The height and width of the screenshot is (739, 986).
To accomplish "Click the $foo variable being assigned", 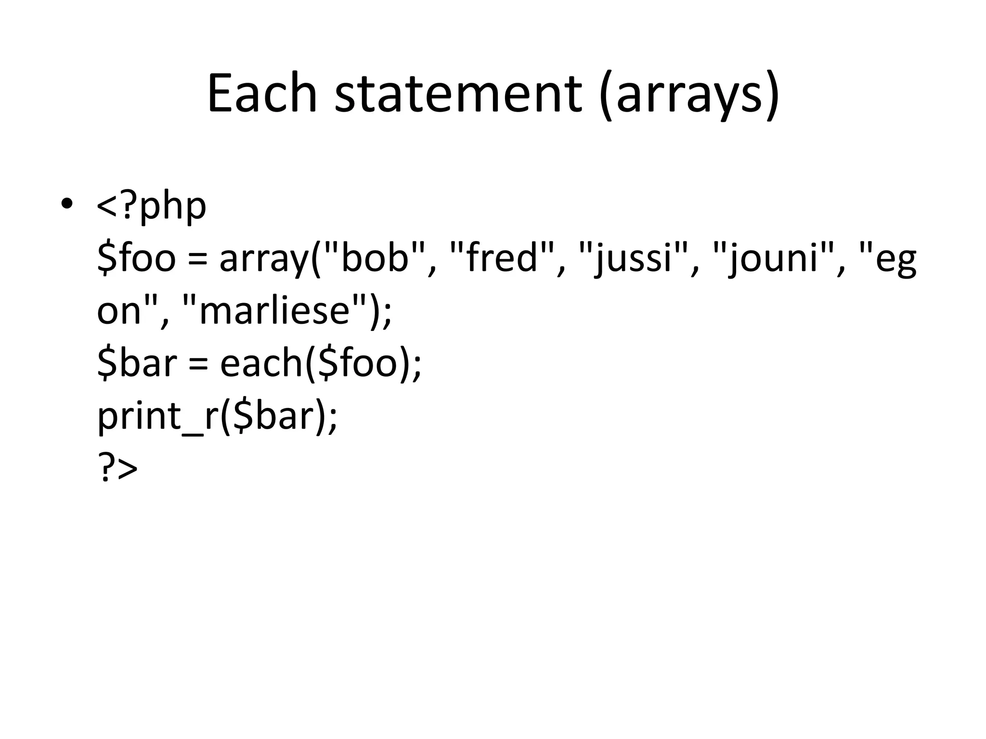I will pyautogui.click(x=136, y=258).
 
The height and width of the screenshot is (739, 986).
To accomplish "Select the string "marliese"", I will pyautogui.click(x=273, y=310).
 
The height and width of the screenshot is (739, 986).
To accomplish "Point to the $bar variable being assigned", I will pyautogui.click(x=137, y=363).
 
